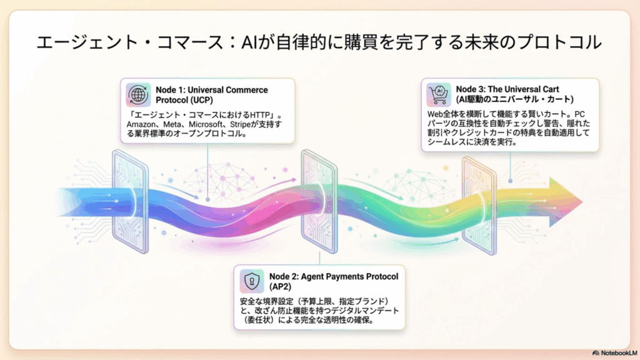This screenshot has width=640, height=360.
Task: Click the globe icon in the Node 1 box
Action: pyautogui.click(x=138, y=95)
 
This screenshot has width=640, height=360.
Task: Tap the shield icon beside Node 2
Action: pyautogui.click(x=251, y=281)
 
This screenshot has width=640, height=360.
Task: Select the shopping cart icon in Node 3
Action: pyautogui.click(x=439, y=94)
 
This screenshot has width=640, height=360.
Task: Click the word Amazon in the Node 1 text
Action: pyautogui.click(x=141, y=124)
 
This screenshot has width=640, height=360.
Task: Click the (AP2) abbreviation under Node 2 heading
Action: pyautogui.click(x=281, y=287)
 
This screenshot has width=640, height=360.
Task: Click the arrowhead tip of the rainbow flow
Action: pyautogui.click(x=582, y=201)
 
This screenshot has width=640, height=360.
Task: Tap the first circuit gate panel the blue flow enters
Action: pyautogui.click(x=130, y=202)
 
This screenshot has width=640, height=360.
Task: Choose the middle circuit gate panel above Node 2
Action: pyautogui.click(x=319, y=202)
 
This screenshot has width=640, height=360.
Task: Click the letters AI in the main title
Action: pyautogui.click(x=249, y=42)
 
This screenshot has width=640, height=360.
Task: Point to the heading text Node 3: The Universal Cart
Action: pyautogui.click(x=507, y=89)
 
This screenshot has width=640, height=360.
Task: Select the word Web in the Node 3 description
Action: pyautogui.click(x=435, y=114)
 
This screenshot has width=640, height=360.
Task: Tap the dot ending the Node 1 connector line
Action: pyautogui.click(x=207, y=199)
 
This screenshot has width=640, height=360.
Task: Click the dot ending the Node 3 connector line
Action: pyautogui.click(x=510, y=181)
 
